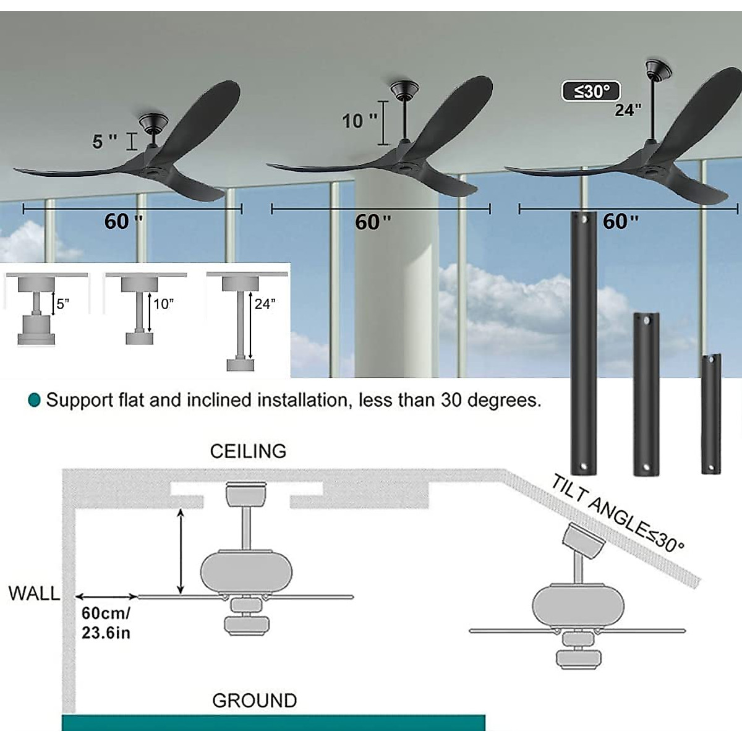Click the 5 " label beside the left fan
pos(104,141)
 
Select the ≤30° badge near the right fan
pos(591,92)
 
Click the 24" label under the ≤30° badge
pos(628,110)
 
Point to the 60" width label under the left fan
pos(124,221)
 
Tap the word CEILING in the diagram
pos(248,451)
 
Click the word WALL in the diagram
pos(35,594)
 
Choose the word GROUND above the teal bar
pos(254,701)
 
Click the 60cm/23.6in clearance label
pos(106,623)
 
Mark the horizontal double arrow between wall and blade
pos(106,597)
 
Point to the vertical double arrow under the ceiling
pos(181,550)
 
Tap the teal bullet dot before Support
pos(35,400)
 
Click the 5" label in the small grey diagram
pos(63,304)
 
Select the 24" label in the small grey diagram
pos(265,304)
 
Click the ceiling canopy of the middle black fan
pos(404,90)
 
